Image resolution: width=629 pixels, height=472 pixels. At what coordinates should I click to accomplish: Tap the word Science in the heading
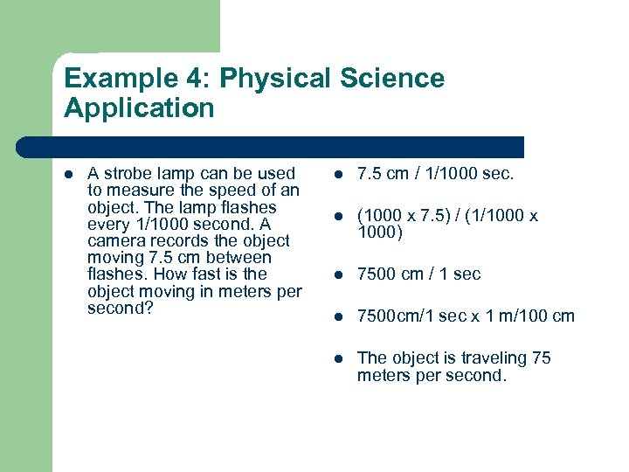pyautogui.click(x=394, y=79)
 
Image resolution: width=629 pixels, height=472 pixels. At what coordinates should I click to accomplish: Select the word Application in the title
pyautogui.click(x=139, y=108)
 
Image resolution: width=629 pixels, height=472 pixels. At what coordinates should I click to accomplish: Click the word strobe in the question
pyautogui.click(x=129, y=173)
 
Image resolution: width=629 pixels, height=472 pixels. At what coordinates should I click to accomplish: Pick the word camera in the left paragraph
pyautogui.click(x=114, y=240)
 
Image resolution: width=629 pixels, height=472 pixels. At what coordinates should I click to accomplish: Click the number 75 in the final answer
pyautogui.click(x=542, y=357)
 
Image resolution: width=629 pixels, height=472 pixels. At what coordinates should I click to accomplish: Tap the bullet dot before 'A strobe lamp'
pyautogui.click(x=70, y=174)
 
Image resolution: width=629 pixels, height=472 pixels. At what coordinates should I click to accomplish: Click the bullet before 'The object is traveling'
pyautogui.click(x=340, y=358)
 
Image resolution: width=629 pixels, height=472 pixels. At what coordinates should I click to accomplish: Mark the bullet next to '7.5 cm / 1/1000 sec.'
pyautogui.click(x=340, y=175)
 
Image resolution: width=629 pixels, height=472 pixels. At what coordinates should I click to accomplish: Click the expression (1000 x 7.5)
pyautogui.click(x=404, y=216)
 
